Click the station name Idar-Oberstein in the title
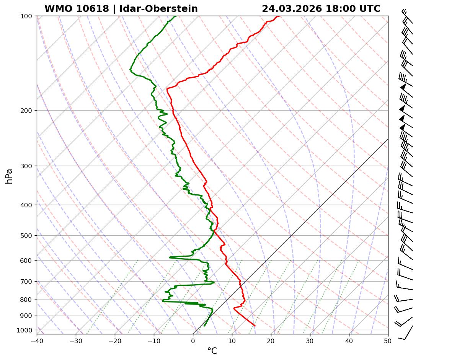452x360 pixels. coord(158,9)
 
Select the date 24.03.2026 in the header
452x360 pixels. coord(292,9)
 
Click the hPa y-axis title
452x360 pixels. coord(9,176)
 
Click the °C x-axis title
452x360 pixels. coord(212,351)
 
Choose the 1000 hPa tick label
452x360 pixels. coord(26,330)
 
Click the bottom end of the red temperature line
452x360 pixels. coord(255,326)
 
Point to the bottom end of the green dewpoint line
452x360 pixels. coord(204,326)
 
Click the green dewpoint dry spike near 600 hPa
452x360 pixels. coord(170,257)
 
